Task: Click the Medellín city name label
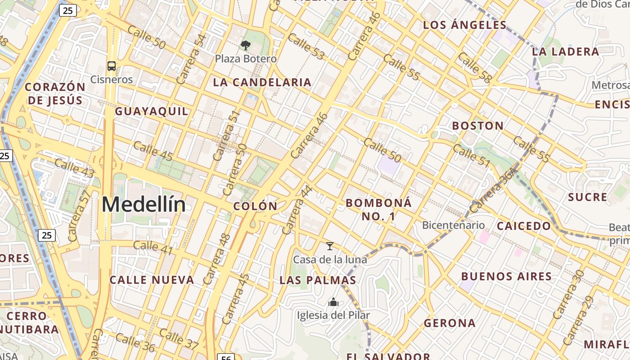coord(144,205)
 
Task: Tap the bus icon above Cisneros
coord(111,66)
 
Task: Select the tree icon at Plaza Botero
coord(245,45)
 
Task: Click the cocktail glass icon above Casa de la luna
coord(330,246)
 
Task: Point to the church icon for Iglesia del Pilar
coord(333,302)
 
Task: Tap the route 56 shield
coord(226,357)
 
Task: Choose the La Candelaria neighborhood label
coord(262,82)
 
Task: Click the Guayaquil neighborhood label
coord(152,111)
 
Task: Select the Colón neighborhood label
coord(255,206)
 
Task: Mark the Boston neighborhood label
coord(478,126)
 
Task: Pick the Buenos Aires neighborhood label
coord(507,276)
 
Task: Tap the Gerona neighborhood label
coord(450,323)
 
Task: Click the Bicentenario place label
coord(453,225)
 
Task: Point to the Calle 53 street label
coord(306,46)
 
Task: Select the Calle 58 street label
coord(474,67)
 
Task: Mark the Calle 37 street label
coord(179,339)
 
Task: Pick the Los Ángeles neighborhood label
coord(465,25)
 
